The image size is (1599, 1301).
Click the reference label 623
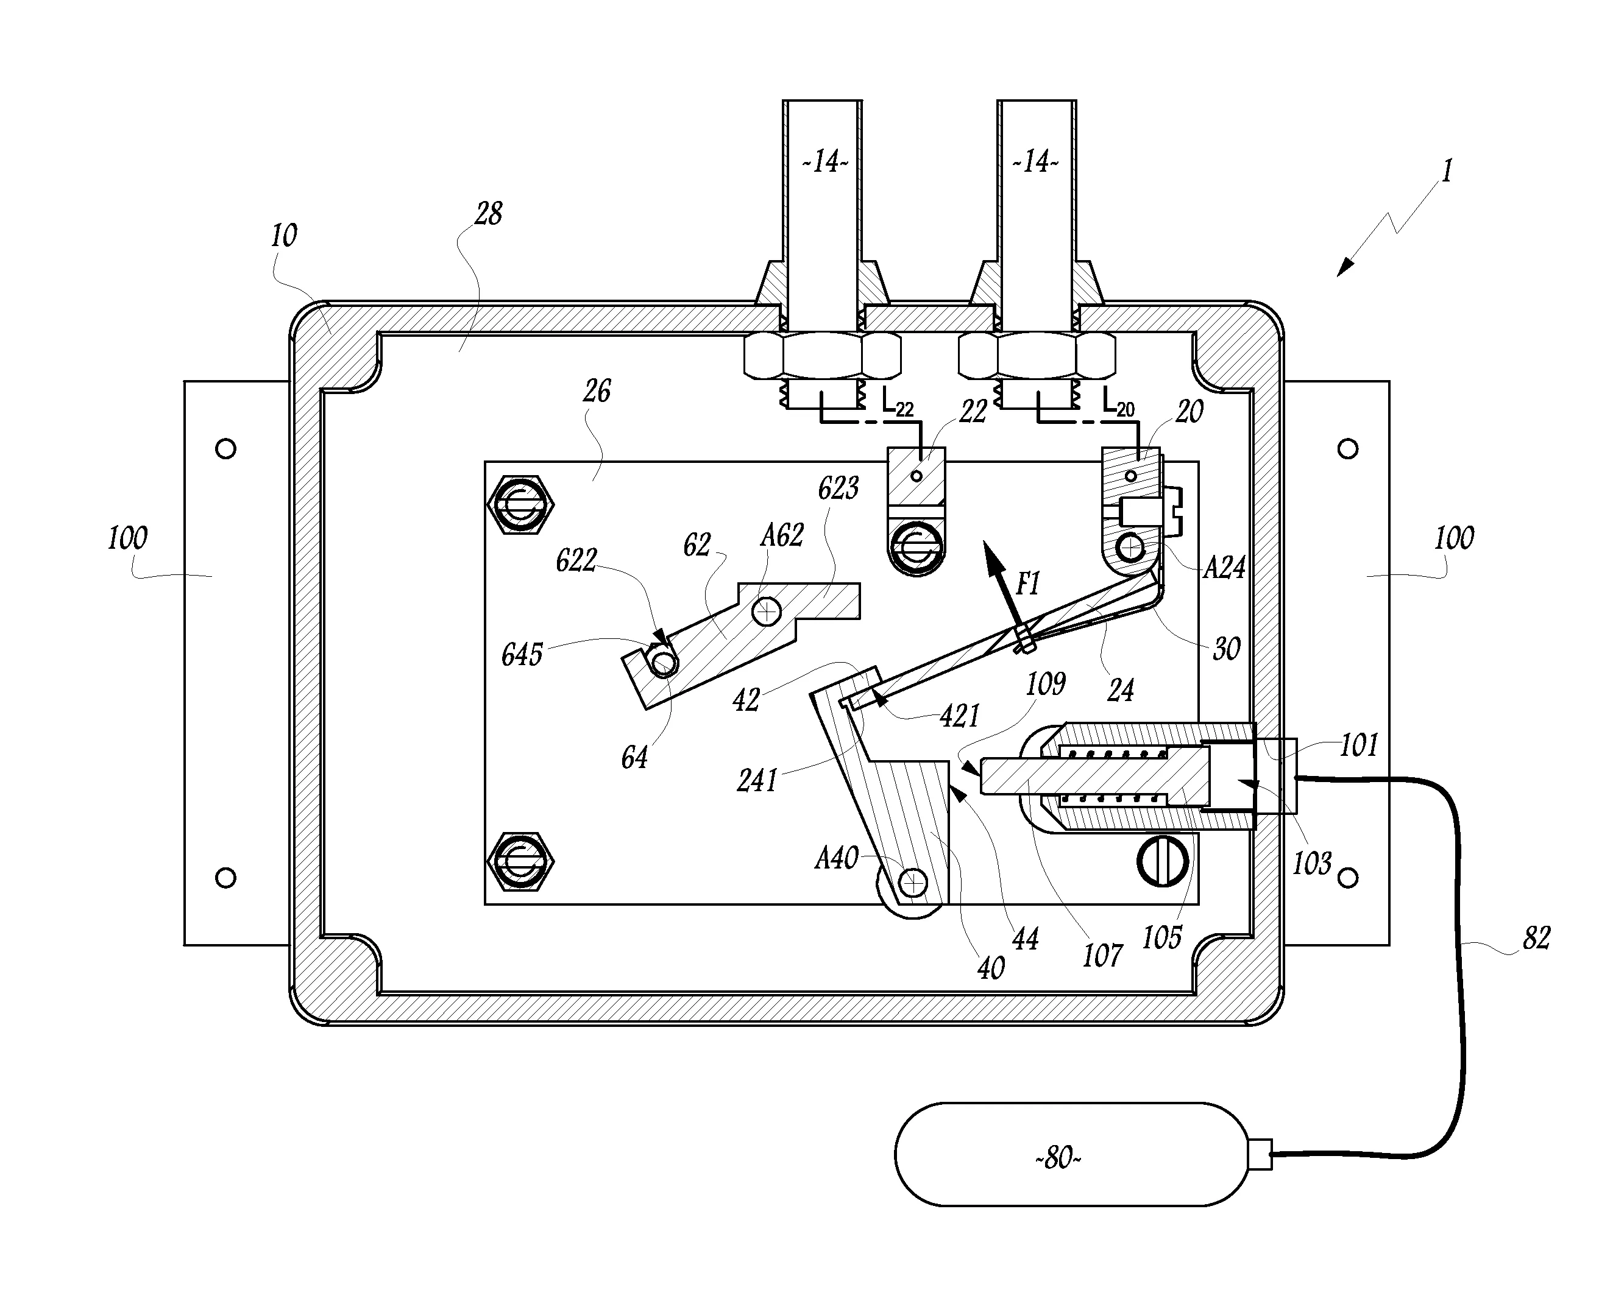837,488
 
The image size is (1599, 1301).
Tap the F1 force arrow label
1028,583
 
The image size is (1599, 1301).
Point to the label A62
781,535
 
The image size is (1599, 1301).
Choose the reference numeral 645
522,655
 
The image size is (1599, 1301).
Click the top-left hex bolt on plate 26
520,505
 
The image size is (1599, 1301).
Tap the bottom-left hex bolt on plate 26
520,862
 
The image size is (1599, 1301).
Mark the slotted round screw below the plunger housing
1163,861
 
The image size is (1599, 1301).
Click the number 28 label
488,214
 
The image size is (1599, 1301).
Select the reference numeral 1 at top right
1447,171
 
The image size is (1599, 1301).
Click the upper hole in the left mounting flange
225,449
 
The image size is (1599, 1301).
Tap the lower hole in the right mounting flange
1348,878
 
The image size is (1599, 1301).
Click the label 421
960,716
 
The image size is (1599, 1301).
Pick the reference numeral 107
1102,956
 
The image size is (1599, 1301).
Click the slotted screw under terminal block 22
915,550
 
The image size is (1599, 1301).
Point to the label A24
1224,568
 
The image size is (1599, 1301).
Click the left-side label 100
127,538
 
